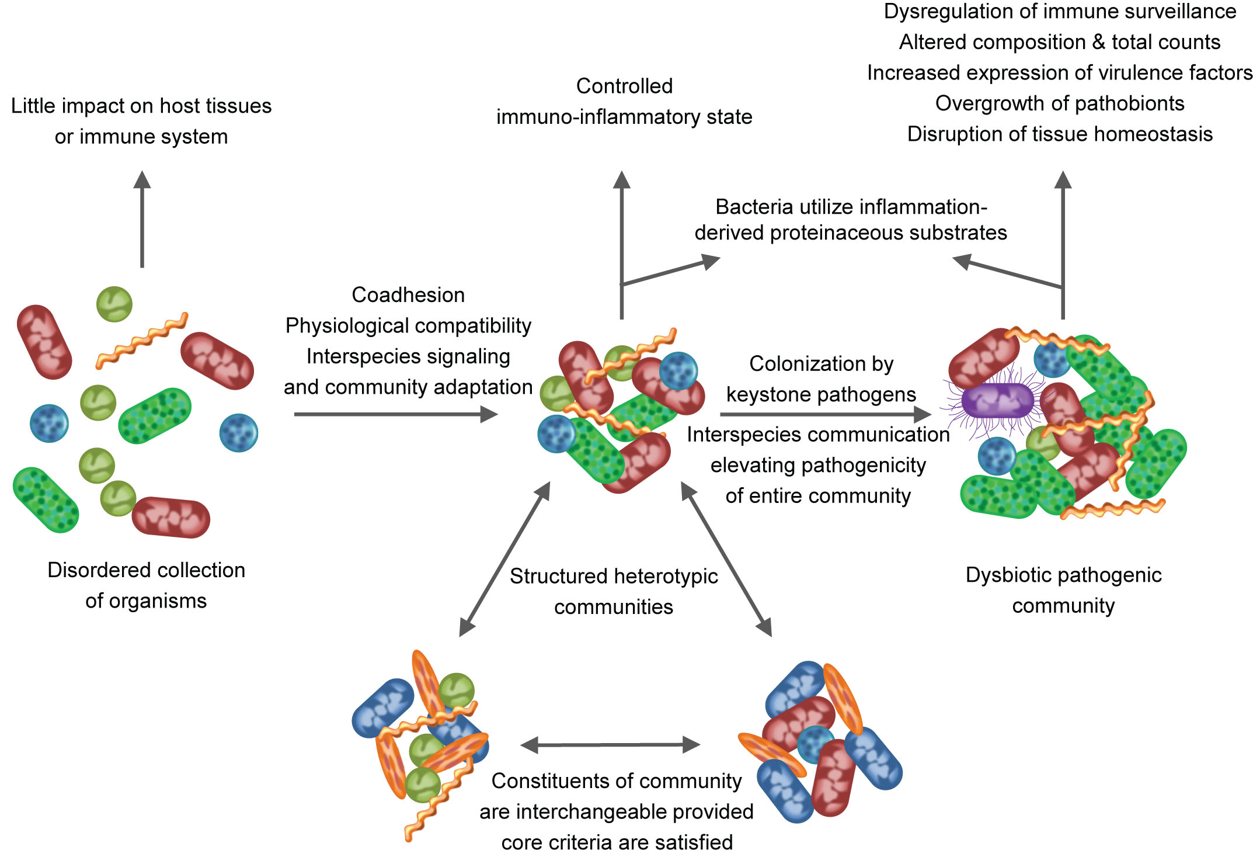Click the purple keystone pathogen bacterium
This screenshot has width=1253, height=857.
tap(997, 401)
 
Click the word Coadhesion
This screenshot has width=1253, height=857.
tap(408, 295)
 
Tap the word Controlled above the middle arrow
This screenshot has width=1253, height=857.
tap(624, 86)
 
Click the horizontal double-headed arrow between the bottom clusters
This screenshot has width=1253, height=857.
tap(610, 745)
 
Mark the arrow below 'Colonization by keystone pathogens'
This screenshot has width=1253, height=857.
tap(825, 414)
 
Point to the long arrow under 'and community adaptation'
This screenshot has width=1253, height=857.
tap(395, 414)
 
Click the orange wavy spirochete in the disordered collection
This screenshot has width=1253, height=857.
tap(142, 341)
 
